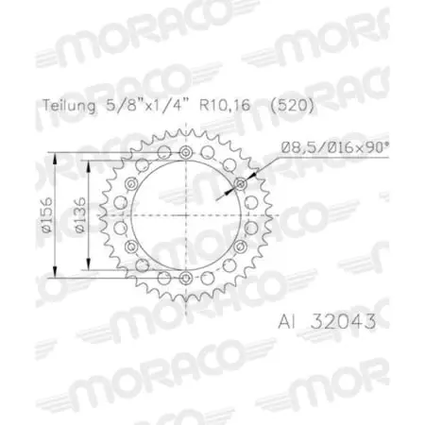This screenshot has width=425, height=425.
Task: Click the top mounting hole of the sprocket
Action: click(x=185, y=153)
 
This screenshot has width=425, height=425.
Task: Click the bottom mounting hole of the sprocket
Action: click(x=185, y=277)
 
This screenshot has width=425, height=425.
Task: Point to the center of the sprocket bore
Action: click(x=185, y=214)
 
